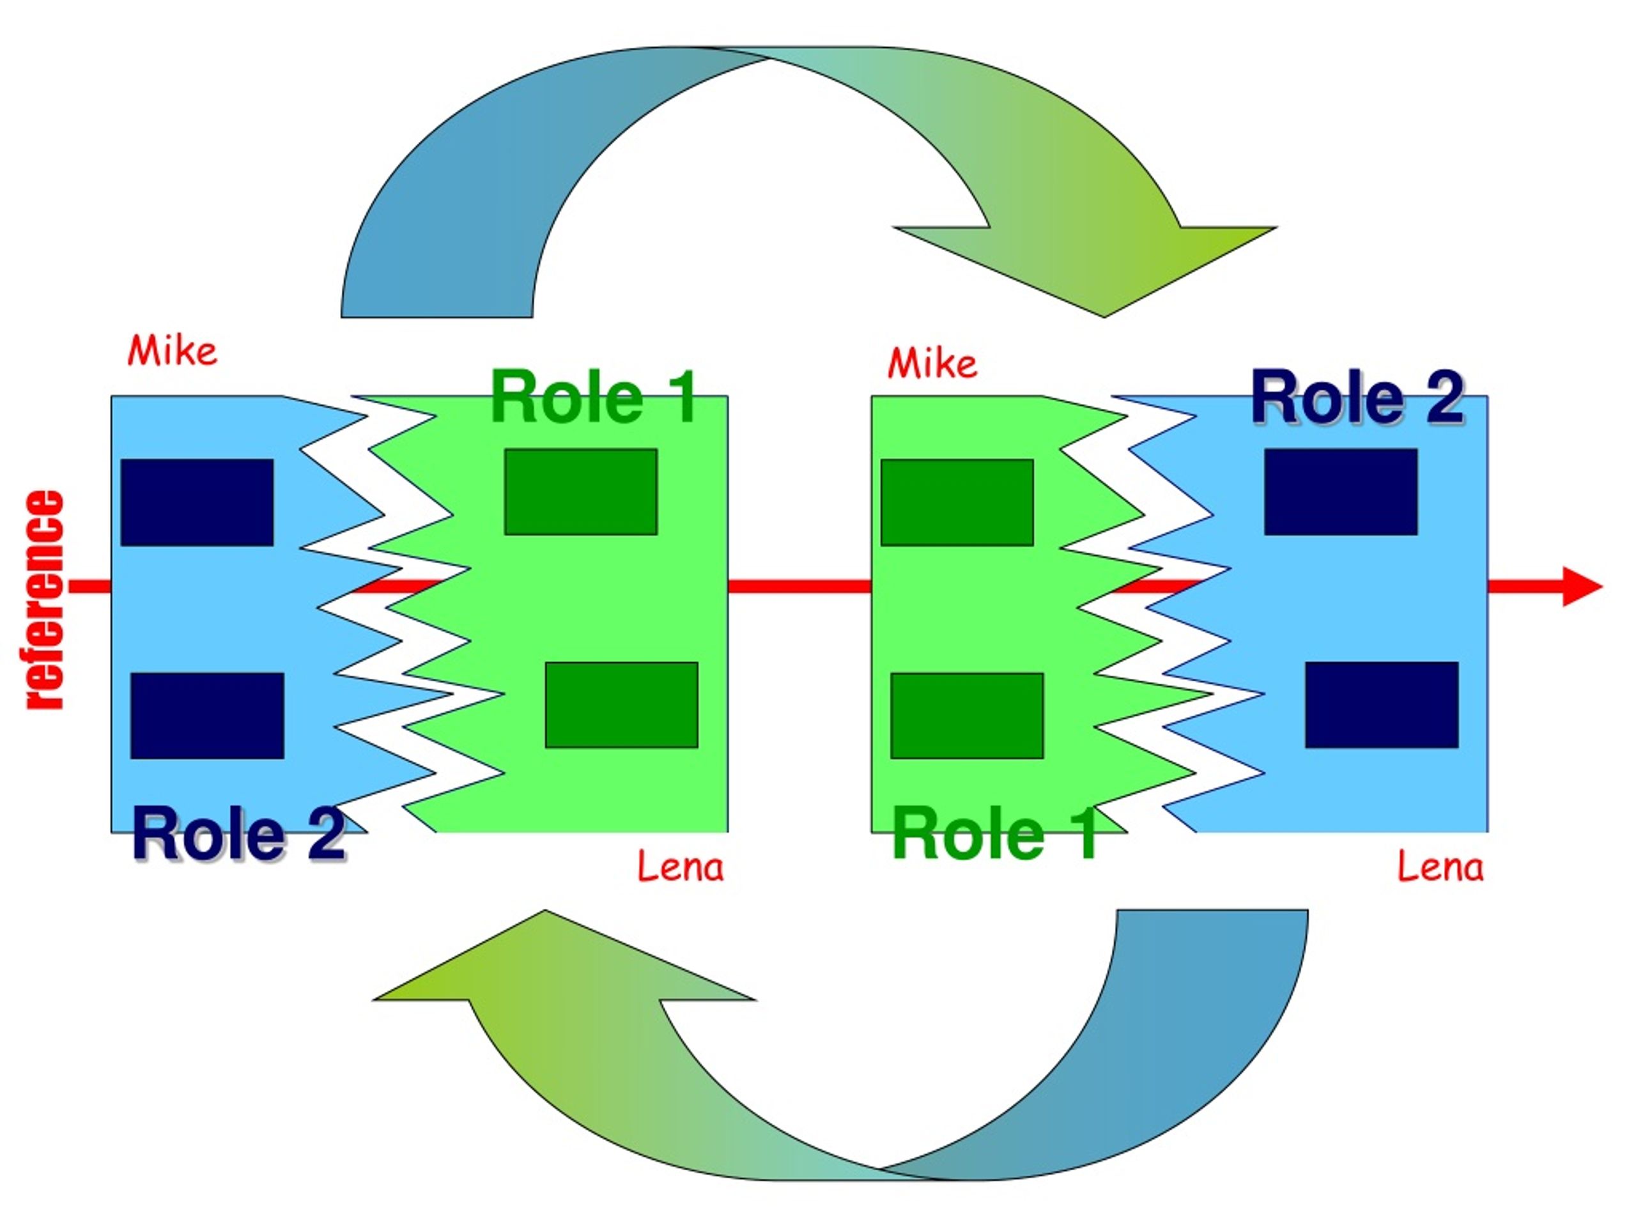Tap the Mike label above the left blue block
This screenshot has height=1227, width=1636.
173,351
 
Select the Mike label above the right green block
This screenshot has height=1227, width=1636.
932,363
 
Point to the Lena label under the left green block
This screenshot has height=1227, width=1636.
680,866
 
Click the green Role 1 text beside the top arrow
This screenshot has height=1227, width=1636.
593,398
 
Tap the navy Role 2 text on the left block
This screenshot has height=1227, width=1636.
238,833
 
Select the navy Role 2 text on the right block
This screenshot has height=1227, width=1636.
1357,398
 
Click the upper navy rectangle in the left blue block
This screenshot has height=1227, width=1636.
197,502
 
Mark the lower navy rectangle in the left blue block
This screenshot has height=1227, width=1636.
207,715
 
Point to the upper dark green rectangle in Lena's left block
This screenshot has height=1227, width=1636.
580,492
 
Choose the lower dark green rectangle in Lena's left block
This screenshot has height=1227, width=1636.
621,705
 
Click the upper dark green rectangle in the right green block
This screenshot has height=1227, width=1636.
957,502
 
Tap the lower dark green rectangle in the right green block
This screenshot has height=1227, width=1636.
967,715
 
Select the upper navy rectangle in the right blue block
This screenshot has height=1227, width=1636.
1340,492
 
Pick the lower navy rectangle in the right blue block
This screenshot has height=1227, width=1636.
1381,705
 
